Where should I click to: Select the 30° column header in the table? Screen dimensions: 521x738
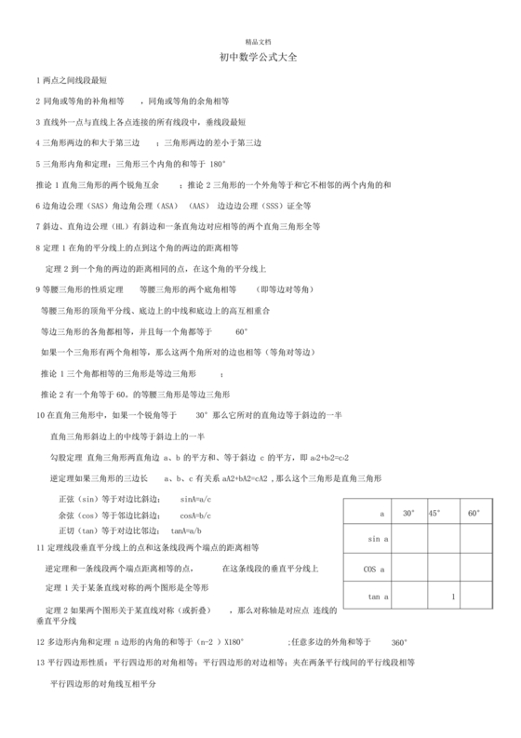408,513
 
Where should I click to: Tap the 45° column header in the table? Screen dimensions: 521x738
434,513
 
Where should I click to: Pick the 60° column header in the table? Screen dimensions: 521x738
474,513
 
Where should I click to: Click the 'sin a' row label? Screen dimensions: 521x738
379,539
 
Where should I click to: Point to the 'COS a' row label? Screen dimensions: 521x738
377,568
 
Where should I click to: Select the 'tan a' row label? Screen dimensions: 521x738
378,596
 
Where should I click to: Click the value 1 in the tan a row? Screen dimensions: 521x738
452,596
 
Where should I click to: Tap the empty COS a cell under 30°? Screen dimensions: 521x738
410,568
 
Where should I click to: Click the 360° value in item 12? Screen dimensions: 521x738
398,642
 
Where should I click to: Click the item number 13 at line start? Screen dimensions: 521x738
40,662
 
